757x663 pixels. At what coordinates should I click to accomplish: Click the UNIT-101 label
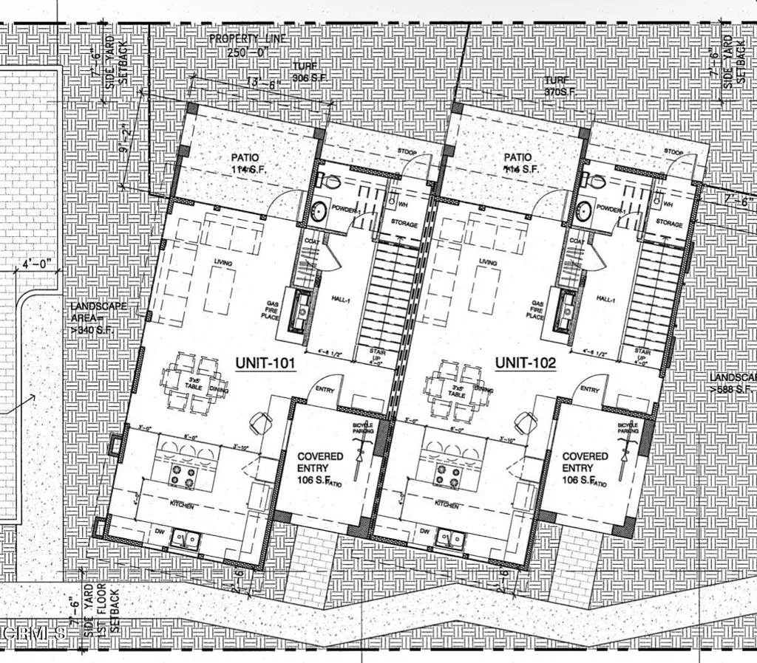click(265, 363)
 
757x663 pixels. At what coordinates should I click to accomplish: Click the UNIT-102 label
click(525, 363)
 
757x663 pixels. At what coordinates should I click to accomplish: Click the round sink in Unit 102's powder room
click(584, 211)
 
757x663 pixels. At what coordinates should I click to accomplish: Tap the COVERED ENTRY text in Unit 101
click(320, 462)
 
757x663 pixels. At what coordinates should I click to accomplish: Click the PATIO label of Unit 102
click(517, 157)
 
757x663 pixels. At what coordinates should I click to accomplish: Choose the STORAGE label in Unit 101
click(404, 224)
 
